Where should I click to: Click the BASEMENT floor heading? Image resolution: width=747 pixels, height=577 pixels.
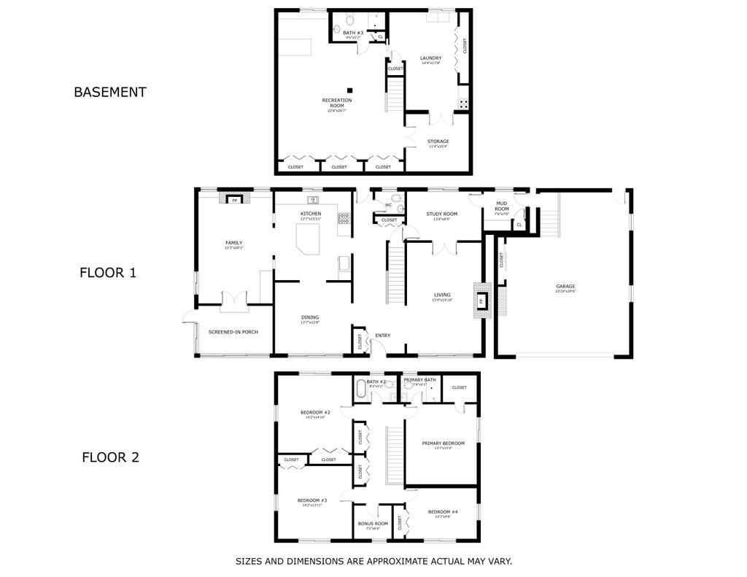(x=109, y=92)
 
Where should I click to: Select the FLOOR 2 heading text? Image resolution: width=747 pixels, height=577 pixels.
(x=110, y=457)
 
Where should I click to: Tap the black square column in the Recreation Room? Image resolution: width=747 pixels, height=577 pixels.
(x=350, y=90)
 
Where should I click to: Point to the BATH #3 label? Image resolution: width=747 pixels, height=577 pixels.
(x=353, y=33)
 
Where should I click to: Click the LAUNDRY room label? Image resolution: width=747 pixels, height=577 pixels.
(x=430, y=58)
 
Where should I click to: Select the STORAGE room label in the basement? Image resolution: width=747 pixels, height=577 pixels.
(x=438, y=142)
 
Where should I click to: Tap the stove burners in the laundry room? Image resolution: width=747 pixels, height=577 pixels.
(x=462, y=104)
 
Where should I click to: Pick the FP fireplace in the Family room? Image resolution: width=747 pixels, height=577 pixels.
(x=235, y=200)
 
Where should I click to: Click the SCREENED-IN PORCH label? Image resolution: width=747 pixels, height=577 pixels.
(x=233, y=332)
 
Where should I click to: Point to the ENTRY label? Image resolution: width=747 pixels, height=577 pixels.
(x=382, y=336)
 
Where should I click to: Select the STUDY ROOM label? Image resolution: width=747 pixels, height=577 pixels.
(x=442, y=214)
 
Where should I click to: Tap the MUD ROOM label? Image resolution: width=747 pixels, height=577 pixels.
(x=502, y=206)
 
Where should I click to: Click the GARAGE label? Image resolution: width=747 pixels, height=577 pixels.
(x=565, y=287)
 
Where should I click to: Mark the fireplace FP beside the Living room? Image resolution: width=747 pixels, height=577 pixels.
(x=481, y=301)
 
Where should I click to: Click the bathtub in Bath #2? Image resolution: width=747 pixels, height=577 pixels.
(x=362, y=389)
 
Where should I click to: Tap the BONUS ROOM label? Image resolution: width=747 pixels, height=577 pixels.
(x=373, y=523)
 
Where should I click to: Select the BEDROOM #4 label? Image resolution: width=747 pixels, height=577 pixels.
(x=444, y=511)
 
